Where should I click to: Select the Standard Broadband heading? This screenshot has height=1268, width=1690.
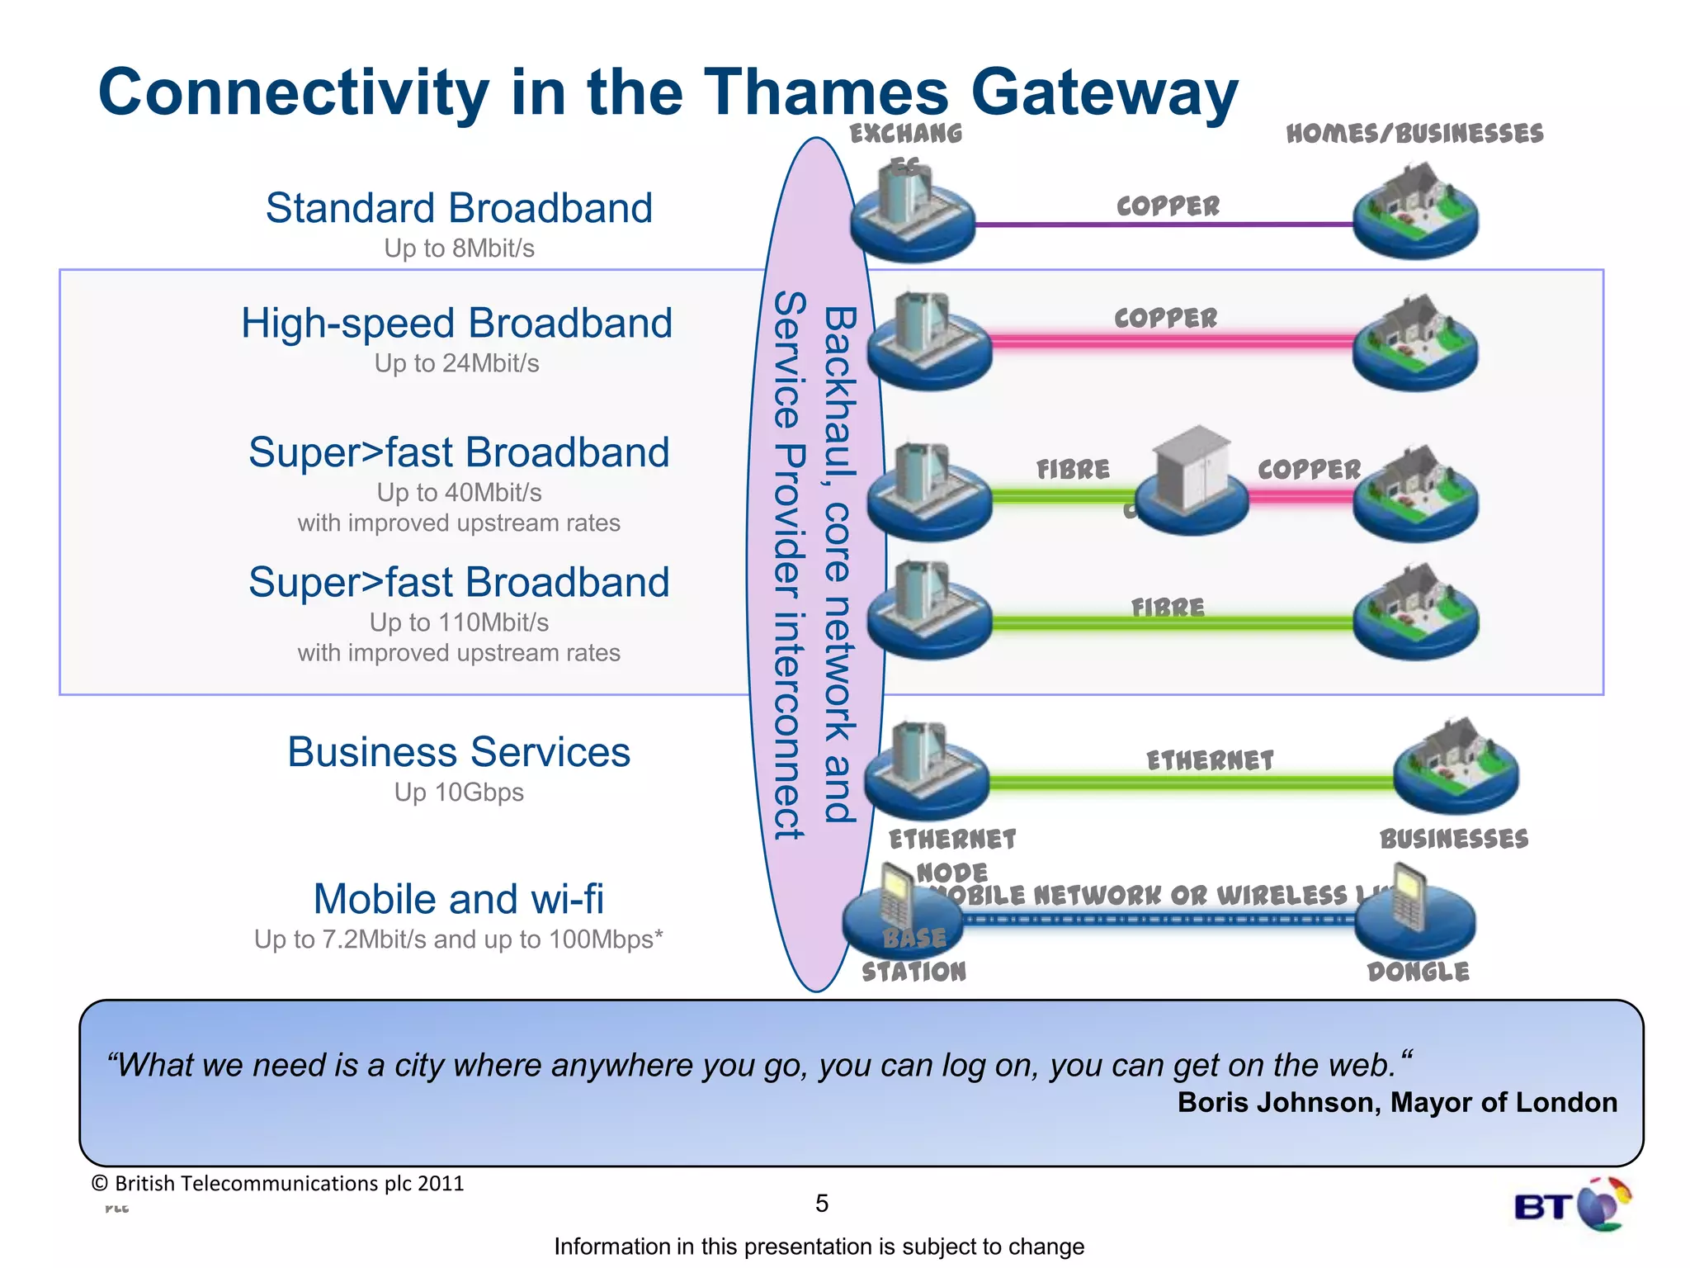459,208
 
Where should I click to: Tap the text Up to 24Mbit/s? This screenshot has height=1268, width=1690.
456,363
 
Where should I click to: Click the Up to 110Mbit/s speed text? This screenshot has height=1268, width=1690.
459,622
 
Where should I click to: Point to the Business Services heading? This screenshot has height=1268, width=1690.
459,752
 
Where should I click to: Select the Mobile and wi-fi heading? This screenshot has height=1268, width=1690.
459,899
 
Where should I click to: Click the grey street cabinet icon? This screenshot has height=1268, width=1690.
1192,471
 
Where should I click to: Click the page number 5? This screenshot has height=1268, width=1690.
822,1204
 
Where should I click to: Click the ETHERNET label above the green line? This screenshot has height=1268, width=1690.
1210,760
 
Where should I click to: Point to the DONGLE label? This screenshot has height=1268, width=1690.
1418,972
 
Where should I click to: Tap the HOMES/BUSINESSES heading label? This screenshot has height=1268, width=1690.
1414,134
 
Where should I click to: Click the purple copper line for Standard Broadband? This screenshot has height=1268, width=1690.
1164,224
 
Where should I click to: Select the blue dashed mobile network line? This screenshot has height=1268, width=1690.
1155,920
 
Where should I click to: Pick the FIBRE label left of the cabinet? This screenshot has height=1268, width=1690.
1073,470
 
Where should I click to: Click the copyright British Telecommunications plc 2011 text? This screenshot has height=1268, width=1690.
277,1184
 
